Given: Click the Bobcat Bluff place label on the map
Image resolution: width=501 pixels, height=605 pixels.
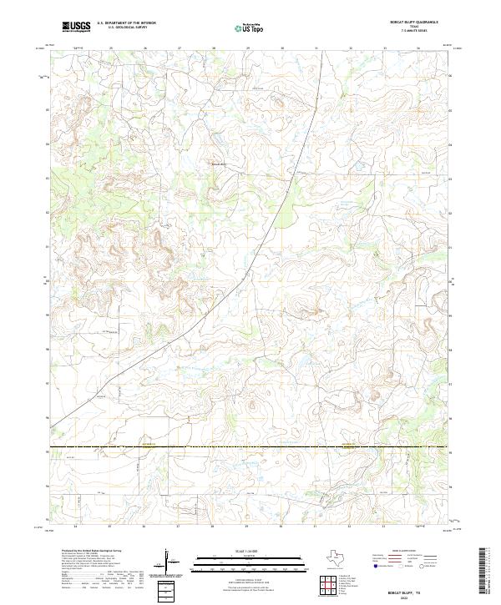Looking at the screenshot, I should (x=218, y=164).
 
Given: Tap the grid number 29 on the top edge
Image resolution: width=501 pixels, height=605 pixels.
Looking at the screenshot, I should (x=248, y=48).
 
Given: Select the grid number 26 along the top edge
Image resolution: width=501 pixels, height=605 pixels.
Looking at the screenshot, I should (x=145, y=48).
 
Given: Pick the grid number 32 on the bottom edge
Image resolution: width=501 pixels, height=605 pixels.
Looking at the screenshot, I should (x=351, y=527).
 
